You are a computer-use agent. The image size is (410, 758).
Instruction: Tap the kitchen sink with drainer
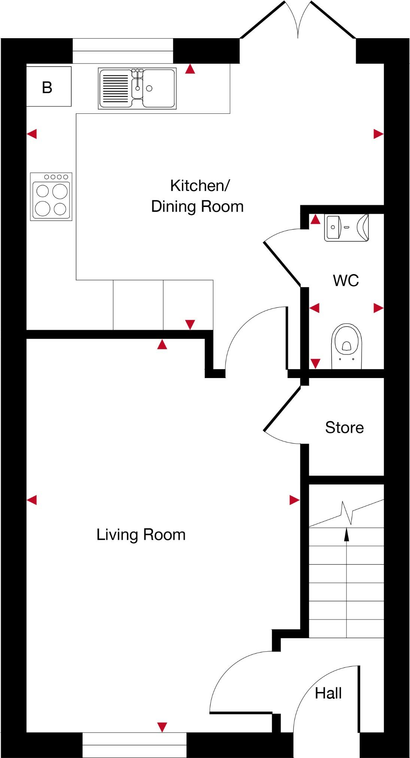pyautogui.click(x=137, y=88)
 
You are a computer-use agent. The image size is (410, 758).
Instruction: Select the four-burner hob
pyautogui.click(x=51, y=197)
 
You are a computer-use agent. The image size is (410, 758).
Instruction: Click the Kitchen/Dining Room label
pyautogui.click(x=198, y=196)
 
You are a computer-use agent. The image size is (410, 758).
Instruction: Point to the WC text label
pyautogui.click(x=346, y=280)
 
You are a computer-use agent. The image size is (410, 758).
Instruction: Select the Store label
pyautogui.click(x=344, y=427)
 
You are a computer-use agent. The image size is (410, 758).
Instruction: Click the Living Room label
pyautogui.click(x=141, y=535)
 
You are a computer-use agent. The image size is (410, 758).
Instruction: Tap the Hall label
pyautogui.click(x=328, y=693)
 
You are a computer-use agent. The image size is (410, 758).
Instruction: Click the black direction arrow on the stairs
pyautogui.click(x=347, y=535)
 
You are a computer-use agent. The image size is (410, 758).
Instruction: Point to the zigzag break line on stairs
pyautogui.click(x=347, y=513)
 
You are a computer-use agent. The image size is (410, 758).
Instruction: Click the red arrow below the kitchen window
pyautogui.click(x=190, y=69)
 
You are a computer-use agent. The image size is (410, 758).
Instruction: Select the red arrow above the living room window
pyautogui.click(x=162, y=727)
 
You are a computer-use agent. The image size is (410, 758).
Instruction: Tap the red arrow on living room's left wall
pyautogui.click(x=32, y=500)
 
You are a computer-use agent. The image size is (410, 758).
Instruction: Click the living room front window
pyautogui.click(x=134, y=745)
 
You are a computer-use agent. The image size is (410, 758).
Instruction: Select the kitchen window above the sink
pyautogui.click(x=123, y=51)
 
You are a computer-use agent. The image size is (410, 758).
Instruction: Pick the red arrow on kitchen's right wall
pyautogui.click(x=378, y=134)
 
